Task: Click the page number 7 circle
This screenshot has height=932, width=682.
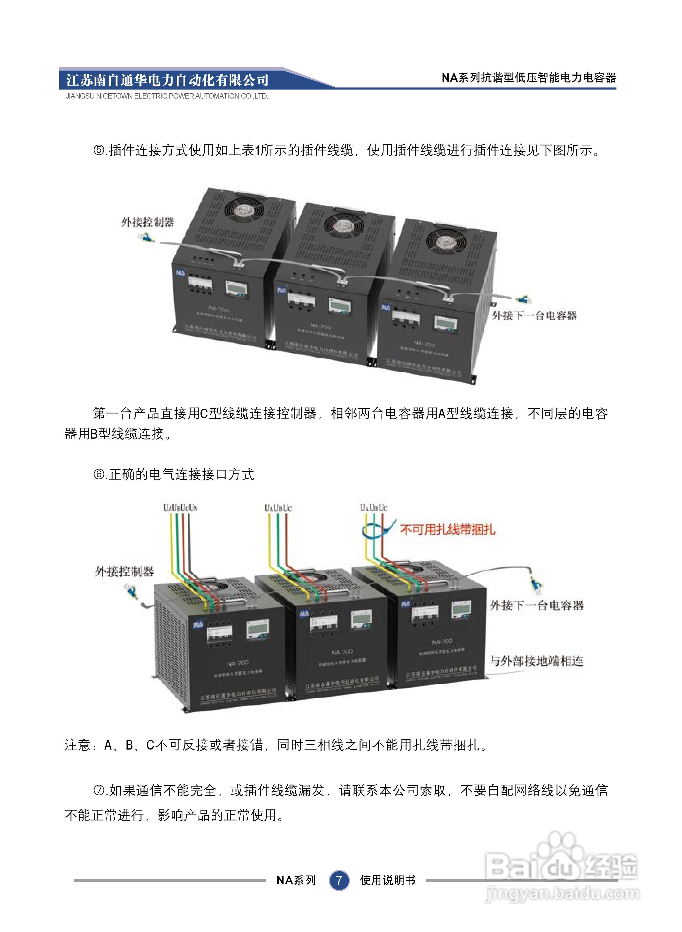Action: click(339, 880)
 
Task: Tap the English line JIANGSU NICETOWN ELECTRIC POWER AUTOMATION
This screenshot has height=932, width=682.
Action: click(167, 96)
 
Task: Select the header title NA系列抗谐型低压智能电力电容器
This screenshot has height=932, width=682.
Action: click(528, 78)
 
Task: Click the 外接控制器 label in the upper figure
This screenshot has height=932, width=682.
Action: click(147, 222)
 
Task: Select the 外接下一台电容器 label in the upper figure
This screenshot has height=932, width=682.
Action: click(534, 315)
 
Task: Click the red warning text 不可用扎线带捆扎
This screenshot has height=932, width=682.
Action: click(448, 529)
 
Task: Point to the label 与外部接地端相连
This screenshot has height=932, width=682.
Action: click(536, 661)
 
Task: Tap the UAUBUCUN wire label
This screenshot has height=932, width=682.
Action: click(180, 507)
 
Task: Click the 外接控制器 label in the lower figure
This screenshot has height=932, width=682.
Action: click(124, 571)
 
